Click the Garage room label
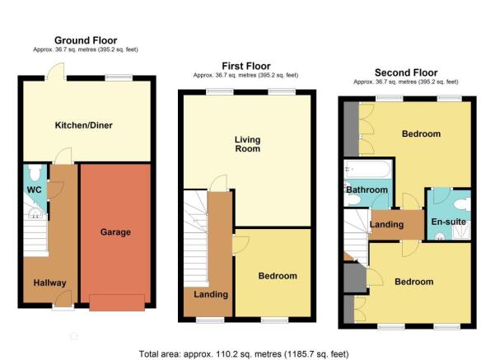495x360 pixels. [x=115, y=232]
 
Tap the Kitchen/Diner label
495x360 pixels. [x=84, y=125]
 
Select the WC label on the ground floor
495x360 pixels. [x=34, y=189]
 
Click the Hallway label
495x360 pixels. [x=50, y=283]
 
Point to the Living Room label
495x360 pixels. [x=248, y=144]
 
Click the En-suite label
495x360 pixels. [x=449, y=222]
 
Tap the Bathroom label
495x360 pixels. [x=367, y=189]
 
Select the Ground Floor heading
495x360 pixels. [x=86, y=40]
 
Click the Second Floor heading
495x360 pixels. [x=406, y=72]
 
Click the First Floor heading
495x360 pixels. [x=246, y=66]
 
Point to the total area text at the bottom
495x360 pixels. [x=244, y=354]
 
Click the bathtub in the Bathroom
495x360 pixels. [x=368, y=169]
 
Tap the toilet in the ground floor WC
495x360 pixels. [x=35, y=172]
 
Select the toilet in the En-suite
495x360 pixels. [x=462, y=204]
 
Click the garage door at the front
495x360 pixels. [x=117, y=303]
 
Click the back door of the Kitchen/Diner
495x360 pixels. [x=56, y=72]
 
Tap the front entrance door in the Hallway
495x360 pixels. [x=63, y=299]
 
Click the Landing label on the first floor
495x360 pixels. [x=211, y=295]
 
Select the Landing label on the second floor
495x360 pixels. [x=387, y=225]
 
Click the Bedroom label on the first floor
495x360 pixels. [x=278, y=276]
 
